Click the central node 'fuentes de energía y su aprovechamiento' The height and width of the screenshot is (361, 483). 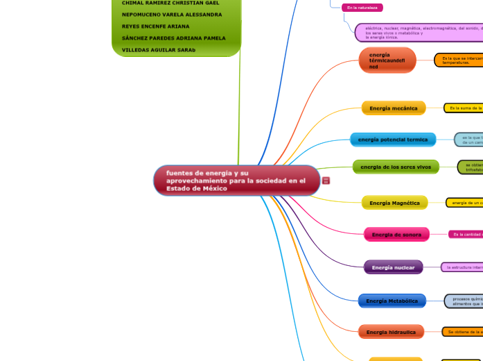click(236, 180)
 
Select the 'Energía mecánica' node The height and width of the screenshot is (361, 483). click(394, 108)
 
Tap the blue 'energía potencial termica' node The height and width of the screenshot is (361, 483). click(393, 140)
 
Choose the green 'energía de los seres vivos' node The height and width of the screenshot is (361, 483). click(396, 167)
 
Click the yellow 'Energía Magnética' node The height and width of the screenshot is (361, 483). click(394, 203)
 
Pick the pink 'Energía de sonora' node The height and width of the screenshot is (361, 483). click(396, 235)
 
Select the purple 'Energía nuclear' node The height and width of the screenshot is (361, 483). click(393, 267)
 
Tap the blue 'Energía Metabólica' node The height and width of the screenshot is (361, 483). click(392, 301)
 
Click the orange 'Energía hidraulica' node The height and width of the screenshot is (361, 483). click(391, 332)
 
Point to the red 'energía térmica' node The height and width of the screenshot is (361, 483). click(387, 60)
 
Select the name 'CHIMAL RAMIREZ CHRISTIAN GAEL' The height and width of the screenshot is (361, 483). click(170, 3)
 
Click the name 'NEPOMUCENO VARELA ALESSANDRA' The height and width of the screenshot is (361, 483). click(172, 15)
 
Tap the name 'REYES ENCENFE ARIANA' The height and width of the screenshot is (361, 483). click(155, 26)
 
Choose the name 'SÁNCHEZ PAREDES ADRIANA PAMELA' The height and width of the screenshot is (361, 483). click(173, 38)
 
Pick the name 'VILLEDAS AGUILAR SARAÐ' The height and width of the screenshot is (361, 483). click(159, 50)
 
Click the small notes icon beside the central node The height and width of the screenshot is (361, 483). click(326, 180)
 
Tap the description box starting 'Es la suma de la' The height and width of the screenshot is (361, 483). click(464, 108)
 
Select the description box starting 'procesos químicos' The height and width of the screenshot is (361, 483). click(464, 301)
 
